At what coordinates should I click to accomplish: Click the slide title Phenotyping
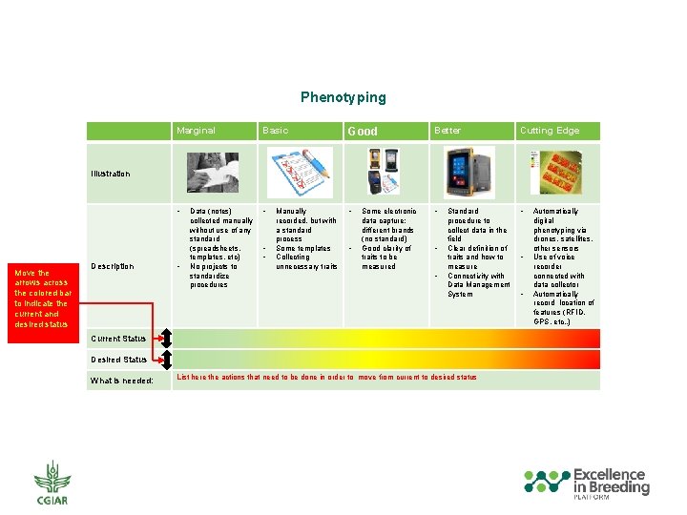point(343,97)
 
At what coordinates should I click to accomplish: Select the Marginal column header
point(196,131)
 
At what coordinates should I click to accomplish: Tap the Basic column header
point(275,131)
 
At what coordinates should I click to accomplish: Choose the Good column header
point(363,132)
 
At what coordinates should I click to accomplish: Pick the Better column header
point(447,131)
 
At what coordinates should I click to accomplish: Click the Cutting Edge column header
point(549,131)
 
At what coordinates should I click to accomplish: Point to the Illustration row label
point(111,174)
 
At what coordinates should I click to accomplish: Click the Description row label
point(112,266)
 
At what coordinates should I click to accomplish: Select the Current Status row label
point(118,339)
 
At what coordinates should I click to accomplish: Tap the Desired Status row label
point(118,360)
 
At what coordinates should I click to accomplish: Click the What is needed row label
point(121,381)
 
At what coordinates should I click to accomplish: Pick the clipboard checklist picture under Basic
point(298,172)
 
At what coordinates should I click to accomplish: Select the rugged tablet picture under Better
point(469,172)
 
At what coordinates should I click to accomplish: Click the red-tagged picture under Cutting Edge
point(555,172)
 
